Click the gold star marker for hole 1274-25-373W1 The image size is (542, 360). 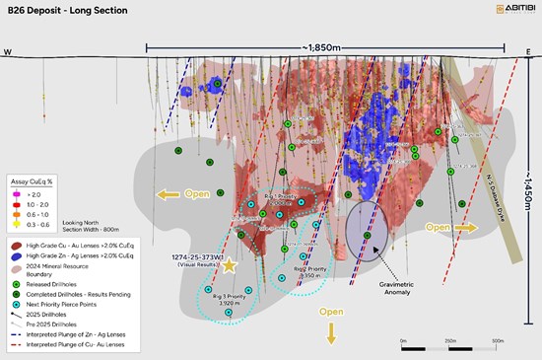230,265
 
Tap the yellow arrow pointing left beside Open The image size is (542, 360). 169,194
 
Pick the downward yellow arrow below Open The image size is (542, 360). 331,334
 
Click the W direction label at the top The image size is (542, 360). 8,52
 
